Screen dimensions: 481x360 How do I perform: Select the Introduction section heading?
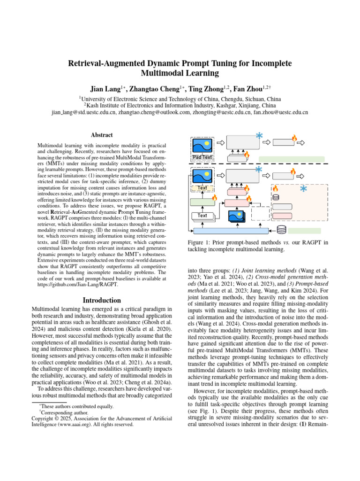tap(101, 300)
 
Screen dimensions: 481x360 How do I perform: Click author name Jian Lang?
tap(106, 89)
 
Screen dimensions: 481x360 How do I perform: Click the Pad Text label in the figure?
tap(202, 157)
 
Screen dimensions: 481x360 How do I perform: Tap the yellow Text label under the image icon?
tap(202, 188)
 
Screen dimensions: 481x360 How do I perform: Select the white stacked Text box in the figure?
tap(202, 216)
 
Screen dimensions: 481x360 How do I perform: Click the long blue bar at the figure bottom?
tap(231, 231)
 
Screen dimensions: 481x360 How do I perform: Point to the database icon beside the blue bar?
tap(282, 230)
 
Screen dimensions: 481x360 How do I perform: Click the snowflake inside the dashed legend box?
tap(303, 188)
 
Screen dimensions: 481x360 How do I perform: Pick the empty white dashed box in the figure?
tap(261, 214)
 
